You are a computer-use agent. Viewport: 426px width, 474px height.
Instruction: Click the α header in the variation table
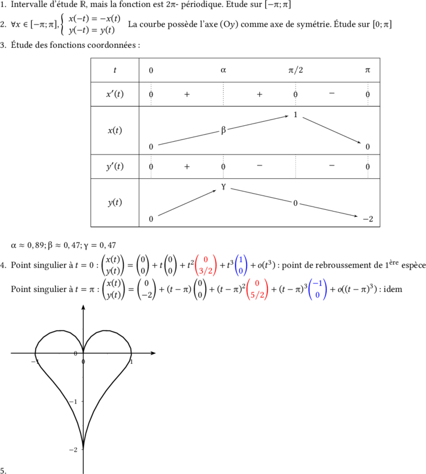223,70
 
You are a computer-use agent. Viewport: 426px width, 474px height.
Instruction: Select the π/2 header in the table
295,70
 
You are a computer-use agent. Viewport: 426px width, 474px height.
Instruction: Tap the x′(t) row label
115,94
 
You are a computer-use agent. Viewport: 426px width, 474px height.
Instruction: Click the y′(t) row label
115,166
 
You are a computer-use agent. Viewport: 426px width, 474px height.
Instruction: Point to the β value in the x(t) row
223,130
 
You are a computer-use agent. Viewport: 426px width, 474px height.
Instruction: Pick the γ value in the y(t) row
223,187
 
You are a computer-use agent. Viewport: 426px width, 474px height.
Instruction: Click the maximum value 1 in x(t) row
295,115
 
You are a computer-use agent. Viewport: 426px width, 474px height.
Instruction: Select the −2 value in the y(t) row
368,219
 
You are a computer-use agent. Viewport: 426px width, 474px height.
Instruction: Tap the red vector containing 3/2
206,265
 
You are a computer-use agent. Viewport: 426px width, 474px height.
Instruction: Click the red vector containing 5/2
257,289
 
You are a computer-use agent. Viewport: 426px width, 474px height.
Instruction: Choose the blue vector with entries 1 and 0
241,265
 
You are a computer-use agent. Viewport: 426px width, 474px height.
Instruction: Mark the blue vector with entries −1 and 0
317,289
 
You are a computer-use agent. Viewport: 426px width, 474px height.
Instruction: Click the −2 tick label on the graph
73,450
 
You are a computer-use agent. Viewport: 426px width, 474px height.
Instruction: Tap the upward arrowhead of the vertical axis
83,307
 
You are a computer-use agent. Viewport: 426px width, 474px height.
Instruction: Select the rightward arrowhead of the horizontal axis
153,353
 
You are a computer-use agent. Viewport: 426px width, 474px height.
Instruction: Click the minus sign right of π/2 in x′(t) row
332,93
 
